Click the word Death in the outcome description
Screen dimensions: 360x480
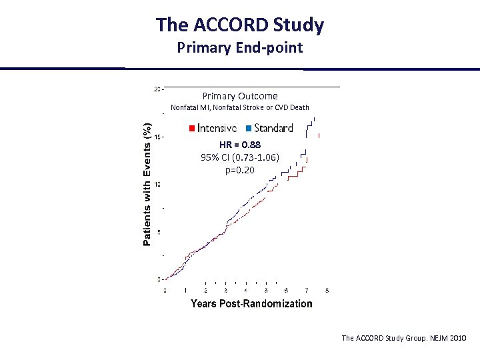click(298, 107)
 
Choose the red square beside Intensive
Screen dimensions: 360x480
click(192, 128)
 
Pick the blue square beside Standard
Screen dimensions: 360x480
click(249, 128)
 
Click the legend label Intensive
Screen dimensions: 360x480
click(217, 128)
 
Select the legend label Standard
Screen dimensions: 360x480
click(273, 128)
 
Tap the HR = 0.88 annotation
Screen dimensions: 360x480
click(240, 145)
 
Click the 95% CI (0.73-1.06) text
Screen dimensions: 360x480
click(240, 157)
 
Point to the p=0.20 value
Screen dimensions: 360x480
click(240, 170)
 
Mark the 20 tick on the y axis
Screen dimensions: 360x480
click(157, 88)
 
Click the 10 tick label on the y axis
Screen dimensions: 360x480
click(157, 184)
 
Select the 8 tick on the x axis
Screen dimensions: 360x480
click(327, 290)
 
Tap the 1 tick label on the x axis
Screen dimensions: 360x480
click(185, 290)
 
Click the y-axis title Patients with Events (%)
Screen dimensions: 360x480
click(148, 183)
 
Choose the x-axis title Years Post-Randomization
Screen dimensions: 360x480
click(251, 304)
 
